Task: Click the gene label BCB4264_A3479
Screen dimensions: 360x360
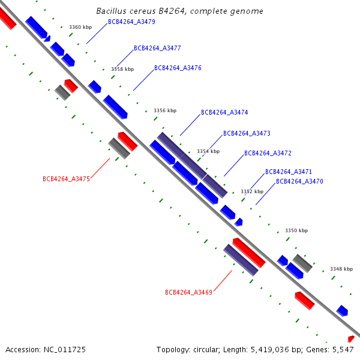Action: [x=131, y=22]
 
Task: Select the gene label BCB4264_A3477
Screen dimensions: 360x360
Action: [x=157, y=48]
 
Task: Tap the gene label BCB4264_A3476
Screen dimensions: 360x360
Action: [x=178, y=68]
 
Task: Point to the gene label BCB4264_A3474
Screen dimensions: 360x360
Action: [x=224, y=112]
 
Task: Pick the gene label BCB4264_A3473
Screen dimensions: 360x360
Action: [x=247, y=133]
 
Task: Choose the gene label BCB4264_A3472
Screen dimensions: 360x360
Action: [x=268, y=153]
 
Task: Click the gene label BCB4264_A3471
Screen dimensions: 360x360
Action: [x=289, y=172]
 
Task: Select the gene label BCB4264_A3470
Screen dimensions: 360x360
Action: [x=299, y=181]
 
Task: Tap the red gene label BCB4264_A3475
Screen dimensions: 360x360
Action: [x=67, y=179]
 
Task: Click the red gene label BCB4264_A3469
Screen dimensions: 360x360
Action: [x=189, y=292]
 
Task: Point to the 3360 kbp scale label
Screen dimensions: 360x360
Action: [x=80, y=27]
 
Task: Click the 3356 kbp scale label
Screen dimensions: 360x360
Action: [x=165, y=110]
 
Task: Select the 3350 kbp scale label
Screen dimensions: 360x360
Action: [x=296, y=230]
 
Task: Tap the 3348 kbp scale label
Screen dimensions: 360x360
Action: [x=341, y=269]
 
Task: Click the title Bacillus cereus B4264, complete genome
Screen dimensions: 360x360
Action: [x=179, y=11]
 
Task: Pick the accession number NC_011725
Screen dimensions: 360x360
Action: [x=65, y=350]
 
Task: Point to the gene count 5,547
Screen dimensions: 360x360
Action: [x=343, y=350]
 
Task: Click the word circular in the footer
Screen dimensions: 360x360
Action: [x=206, y=350]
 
